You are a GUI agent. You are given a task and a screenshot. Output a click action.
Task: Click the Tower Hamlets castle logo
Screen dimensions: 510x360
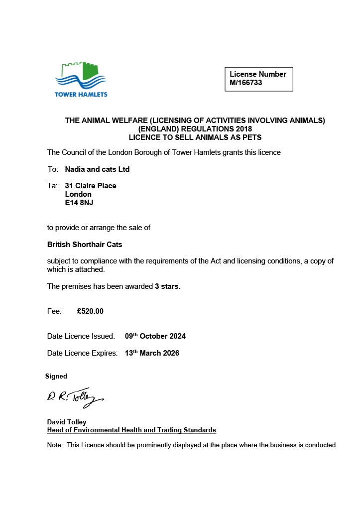pyautogui.click(x=81, y=75)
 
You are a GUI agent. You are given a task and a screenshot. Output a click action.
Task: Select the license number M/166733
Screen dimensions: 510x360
pyautogui.click(x=246, y=83)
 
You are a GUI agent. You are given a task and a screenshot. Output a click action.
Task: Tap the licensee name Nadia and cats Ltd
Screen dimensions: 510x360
pyautogui.click(x=97, y=169)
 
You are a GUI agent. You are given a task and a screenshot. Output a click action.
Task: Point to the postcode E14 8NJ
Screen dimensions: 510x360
pyautogui.click(x=79, y=203)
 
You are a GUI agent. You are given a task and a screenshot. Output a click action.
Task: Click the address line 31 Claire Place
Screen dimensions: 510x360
pyautogui.click(x=91, y=186)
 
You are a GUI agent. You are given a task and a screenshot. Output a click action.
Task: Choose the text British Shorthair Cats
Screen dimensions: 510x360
pyautogui.click(x=85, y=245)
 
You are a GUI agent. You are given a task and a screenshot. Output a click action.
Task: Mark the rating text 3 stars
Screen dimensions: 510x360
pyautogui.click(x=167, y=286)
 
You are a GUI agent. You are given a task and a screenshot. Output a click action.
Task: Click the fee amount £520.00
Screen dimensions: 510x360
pyautogui.click(x=90, y=311)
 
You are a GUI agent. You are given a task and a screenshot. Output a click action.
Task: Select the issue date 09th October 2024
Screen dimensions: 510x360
pyautogui.click(x=155, y=336)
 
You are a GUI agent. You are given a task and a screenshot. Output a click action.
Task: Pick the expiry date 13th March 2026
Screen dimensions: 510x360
pyautogui.click(x=152, y=353)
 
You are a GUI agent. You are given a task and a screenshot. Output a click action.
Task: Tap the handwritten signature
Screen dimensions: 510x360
pyautogui.click(x=75, y=397)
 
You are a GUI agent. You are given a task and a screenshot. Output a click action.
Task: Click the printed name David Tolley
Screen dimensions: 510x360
pyautogui.click(x=67, y=422)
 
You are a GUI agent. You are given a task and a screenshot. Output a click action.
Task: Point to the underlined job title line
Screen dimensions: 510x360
pyautogui.click(x=131, y=430)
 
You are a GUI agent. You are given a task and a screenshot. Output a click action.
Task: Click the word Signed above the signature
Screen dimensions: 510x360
pyautogui.click(x=56, y=377)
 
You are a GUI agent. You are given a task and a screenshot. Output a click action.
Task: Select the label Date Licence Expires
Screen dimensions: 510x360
pyautogui.click(x=82, y=353)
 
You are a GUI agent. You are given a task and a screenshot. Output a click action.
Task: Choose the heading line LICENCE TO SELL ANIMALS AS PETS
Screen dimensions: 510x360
pyautogui.click(x=195, y=137)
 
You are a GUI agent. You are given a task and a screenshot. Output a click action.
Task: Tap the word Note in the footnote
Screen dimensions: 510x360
pyautogui.click(x=55, y=445)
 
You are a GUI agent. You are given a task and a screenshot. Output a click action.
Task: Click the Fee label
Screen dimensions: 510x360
pyautogui.click(x=54, y=311)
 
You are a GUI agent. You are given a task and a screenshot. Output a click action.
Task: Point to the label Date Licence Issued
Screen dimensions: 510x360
pyautogui.click(x=81, y=336)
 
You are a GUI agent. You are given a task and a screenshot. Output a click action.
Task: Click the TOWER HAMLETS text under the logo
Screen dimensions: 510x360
pyautogui.click(x=81, y=94)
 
